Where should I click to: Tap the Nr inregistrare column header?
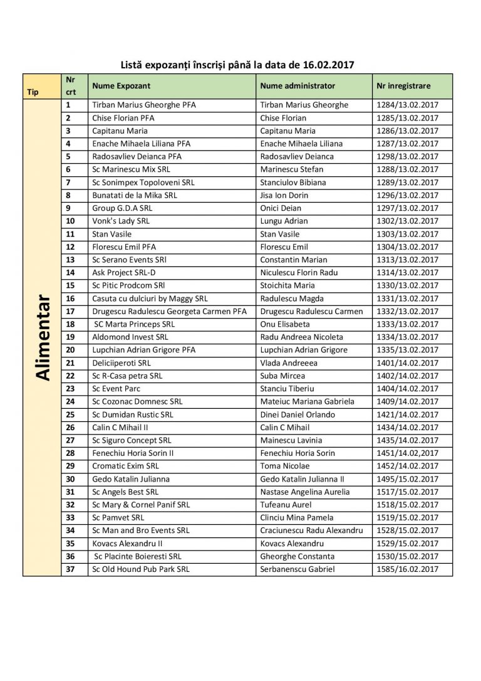[x=404, y=86]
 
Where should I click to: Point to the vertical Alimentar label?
[x=42, y=336]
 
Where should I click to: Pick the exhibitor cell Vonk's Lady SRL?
[x=120, y=221]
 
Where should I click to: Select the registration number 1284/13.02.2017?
[x=407, y=105]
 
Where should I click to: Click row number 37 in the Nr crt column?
[x=70, y=569]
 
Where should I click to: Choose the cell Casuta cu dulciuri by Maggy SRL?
[x=150, y=298]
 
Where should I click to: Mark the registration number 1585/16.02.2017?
[x=407, y=569]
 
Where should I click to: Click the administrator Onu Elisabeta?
[x=286, y=324]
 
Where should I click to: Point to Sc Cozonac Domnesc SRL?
[x=137, y=401]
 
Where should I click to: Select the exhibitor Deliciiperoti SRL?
[x=121, y=362]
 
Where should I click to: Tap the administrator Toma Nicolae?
[x=284, y=466]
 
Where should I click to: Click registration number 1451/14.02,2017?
[x=407, y=453]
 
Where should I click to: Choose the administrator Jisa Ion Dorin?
[x=284, y=195]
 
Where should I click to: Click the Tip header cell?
[x=33, y=92]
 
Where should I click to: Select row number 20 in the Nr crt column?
[x=70, y=350]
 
